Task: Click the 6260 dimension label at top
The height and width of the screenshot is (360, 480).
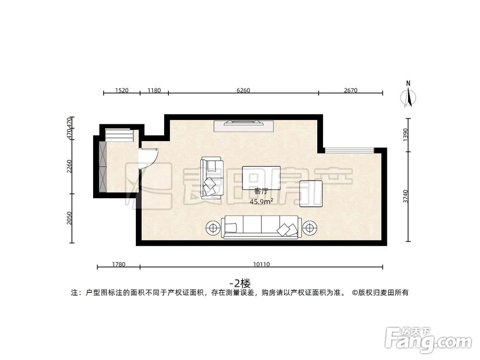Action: coord(243,90)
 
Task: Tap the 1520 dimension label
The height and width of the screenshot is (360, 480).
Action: coord(122,90)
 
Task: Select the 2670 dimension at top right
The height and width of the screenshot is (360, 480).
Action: coord(351,90)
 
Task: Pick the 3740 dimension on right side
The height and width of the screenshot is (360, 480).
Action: coord(406,197)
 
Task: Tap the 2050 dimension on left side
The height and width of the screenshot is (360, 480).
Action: coord(70,218)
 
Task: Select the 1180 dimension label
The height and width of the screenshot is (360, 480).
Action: coord(154,90)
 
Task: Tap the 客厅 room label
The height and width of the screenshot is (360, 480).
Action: coord(261,192)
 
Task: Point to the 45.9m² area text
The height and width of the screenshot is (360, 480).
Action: coord(261,202)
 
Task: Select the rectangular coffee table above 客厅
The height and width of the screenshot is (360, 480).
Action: coord(261,177)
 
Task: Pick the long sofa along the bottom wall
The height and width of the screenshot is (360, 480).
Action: coord(261,228)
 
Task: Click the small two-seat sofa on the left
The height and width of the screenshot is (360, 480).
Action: coord(212,178)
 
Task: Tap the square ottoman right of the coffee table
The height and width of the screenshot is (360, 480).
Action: coord(311,193)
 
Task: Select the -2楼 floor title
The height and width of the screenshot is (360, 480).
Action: coord(240,283)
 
